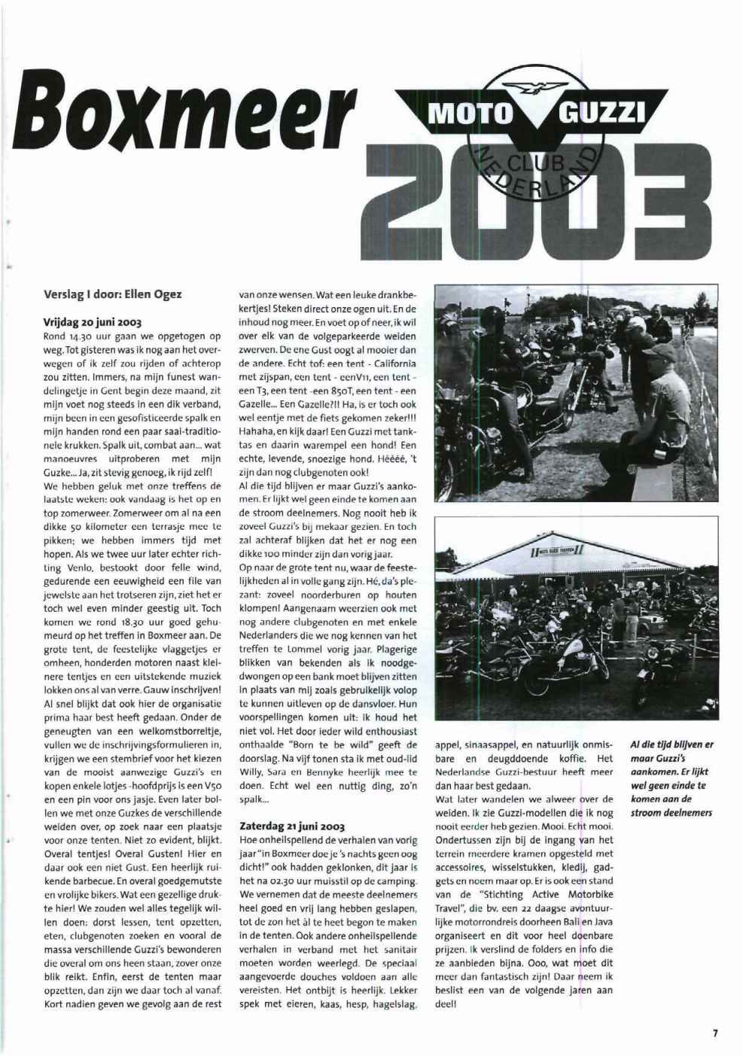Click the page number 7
click(x=714, y=1033)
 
